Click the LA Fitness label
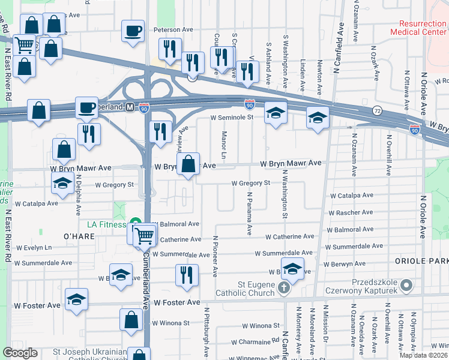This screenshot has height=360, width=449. (x=107, y=225)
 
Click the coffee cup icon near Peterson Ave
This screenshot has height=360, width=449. (x=133, y=31)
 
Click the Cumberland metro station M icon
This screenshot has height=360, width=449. (x=130, y=107)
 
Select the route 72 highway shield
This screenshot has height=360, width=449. (x=376, y=111)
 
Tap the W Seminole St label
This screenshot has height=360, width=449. (x=232, y=118)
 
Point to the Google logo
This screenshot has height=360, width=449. (x=20, y=353)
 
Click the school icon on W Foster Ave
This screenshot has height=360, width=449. (x=77, y=301)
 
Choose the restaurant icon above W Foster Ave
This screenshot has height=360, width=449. (x=187, y=275)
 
